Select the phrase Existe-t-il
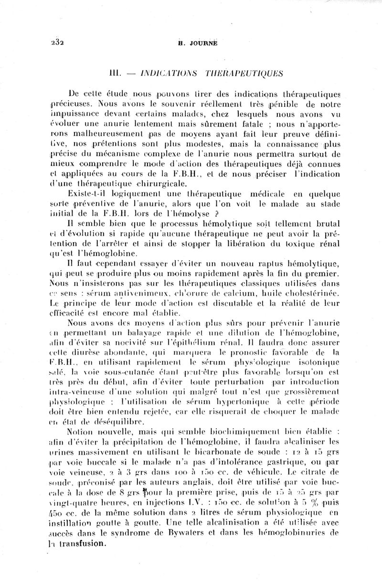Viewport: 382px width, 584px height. click(91, 194)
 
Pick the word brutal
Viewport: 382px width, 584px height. click(327, 224)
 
